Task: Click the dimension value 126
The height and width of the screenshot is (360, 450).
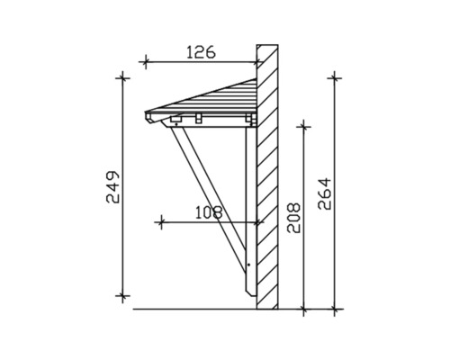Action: (201, 52)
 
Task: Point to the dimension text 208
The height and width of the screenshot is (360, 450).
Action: (293, 217)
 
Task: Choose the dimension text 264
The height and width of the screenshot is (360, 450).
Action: (324, 192)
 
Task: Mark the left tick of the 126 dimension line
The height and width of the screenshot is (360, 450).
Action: (146, 61)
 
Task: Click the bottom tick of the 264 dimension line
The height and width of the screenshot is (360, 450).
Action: (336, 309)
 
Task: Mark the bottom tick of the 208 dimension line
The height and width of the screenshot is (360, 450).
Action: (306, 309)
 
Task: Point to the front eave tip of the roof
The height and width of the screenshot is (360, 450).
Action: (146, 115)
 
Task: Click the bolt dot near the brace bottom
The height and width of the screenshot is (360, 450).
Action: (248, 265)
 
